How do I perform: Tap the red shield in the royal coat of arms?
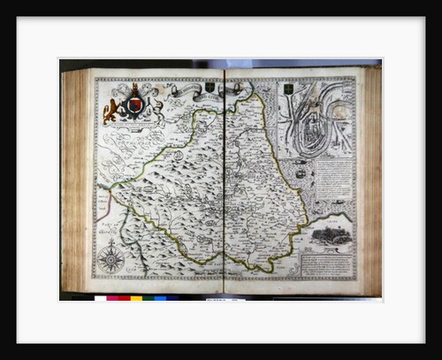point(134,106)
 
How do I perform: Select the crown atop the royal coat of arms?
point(134,89)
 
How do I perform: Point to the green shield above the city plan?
point(288,89)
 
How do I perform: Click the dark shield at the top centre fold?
point(210,88)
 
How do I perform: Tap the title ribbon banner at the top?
point(181,90)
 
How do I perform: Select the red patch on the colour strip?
point(113,299)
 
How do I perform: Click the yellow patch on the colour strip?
point(136,299)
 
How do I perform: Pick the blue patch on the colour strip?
point(160,299)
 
